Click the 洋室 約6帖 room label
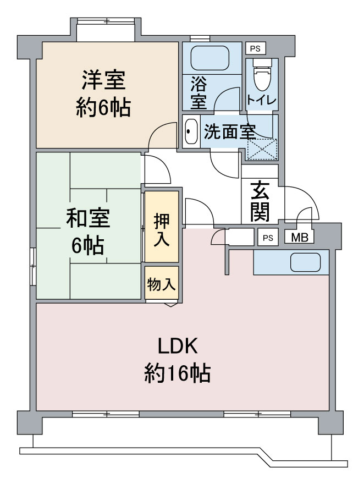pos(103,94)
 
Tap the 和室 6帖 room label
pos(88,231)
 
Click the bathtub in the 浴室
pos(209,58)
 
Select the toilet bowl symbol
pos(262,74)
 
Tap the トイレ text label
pos(261,100)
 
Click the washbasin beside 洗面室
pos(191,131)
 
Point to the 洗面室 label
pos(229,132)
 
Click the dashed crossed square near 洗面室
pos(262,150)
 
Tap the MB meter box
pos(299,238)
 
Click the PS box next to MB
pos(268,238)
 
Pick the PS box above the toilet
pos(256,48)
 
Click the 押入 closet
pos(162,227)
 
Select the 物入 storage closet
pos(162,283)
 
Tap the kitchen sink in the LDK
pos(305,262)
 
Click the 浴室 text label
pos(198,93)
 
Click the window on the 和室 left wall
pos(34,267)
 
